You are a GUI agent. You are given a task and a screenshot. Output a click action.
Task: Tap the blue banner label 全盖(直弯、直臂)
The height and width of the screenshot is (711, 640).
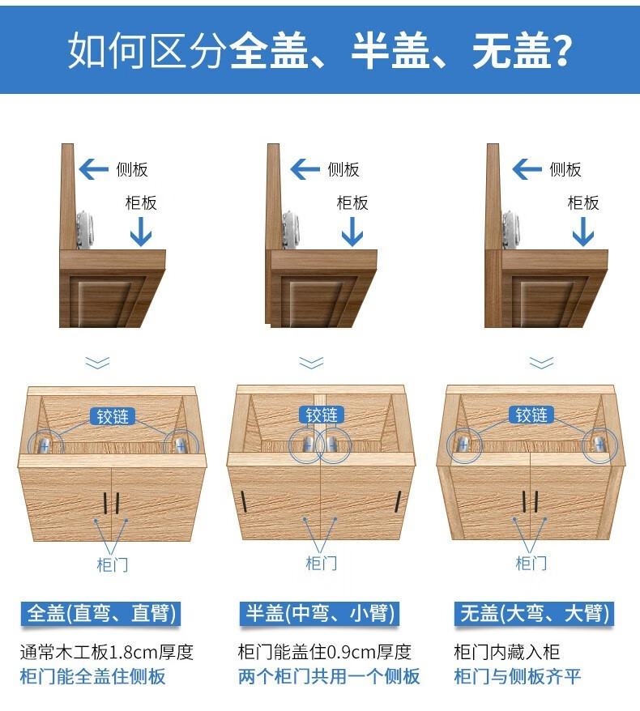pos(100,614)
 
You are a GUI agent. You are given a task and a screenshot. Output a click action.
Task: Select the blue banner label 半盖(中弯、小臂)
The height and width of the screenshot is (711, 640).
pos(319,614)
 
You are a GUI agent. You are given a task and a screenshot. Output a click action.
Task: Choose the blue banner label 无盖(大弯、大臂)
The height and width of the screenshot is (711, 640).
pos(535,614)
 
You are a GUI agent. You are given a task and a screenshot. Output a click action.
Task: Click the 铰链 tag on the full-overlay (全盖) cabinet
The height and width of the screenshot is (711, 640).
pos(113,416)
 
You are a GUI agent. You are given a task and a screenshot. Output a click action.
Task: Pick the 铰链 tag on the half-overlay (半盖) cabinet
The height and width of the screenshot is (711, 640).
pos(322,415)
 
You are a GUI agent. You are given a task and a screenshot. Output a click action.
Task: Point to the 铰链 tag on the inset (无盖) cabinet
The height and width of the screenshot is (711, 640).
pos(531,415)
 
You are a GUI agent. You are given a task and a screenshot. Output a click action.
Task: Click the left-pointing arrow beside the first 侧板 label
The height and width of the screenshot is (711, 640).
pos(93,169)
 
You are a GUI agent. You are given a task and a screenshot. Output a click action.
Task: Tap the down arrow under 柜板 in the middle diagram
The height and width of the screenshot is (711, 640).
pos(352,232)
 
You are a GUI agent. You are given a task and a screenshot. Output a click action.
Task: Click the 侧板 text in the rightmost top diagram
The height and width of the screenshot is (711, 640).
pos(565,169)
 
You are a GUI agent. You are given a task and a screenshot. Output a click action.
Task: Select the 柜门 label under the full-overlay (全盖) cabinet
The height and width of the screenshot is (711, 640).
pos(113,564)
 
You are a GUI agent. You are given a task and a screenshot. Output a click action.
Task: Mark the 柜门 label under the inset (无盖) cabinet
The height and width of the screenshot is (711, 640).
pos(531,563)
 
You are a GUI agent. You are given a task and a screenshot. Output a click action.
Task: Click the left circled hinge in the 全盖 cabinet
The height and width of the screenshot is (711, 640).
pos(45,445)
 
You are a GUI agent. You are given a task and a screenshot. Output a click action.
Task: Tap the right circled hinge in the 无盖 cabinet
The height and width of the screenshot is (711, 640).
pos(599,445)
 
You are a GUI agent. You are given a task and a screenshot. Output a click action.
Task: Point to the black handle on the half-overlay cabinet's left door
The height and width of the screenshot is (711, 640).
pos(244,501)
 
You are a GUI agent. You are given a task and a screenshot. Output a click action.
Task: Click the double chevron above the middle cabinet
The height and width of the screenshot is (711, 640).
pos(312,363)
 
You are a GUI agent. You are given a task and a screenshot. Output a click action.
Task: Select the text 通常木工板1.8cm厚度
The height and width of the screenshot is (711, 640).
pos(107,653)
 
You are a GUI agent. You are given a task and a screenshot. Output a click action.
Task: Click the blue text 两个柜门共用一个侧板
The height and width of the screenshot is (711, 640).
pos(329,676)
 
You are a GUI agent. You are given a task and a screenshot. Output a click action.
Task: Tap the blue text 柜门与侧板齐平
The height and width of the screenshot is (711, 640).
pos(517,676)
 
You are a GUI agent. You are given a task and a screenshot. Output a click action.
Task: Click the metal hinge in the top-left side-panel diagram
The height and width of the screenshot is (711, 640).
pos(85,229)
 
